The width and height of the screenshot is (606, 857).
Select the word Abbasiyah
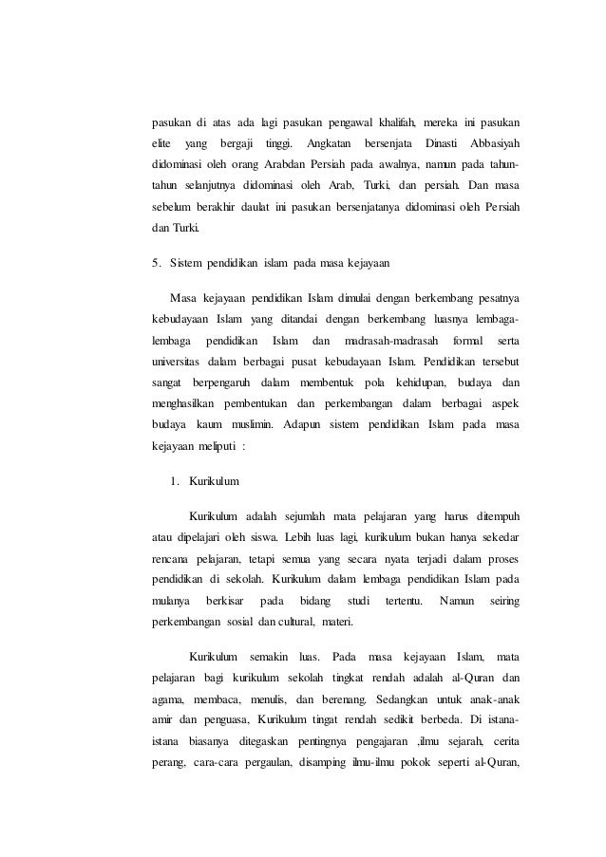(x=492, y=142)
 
